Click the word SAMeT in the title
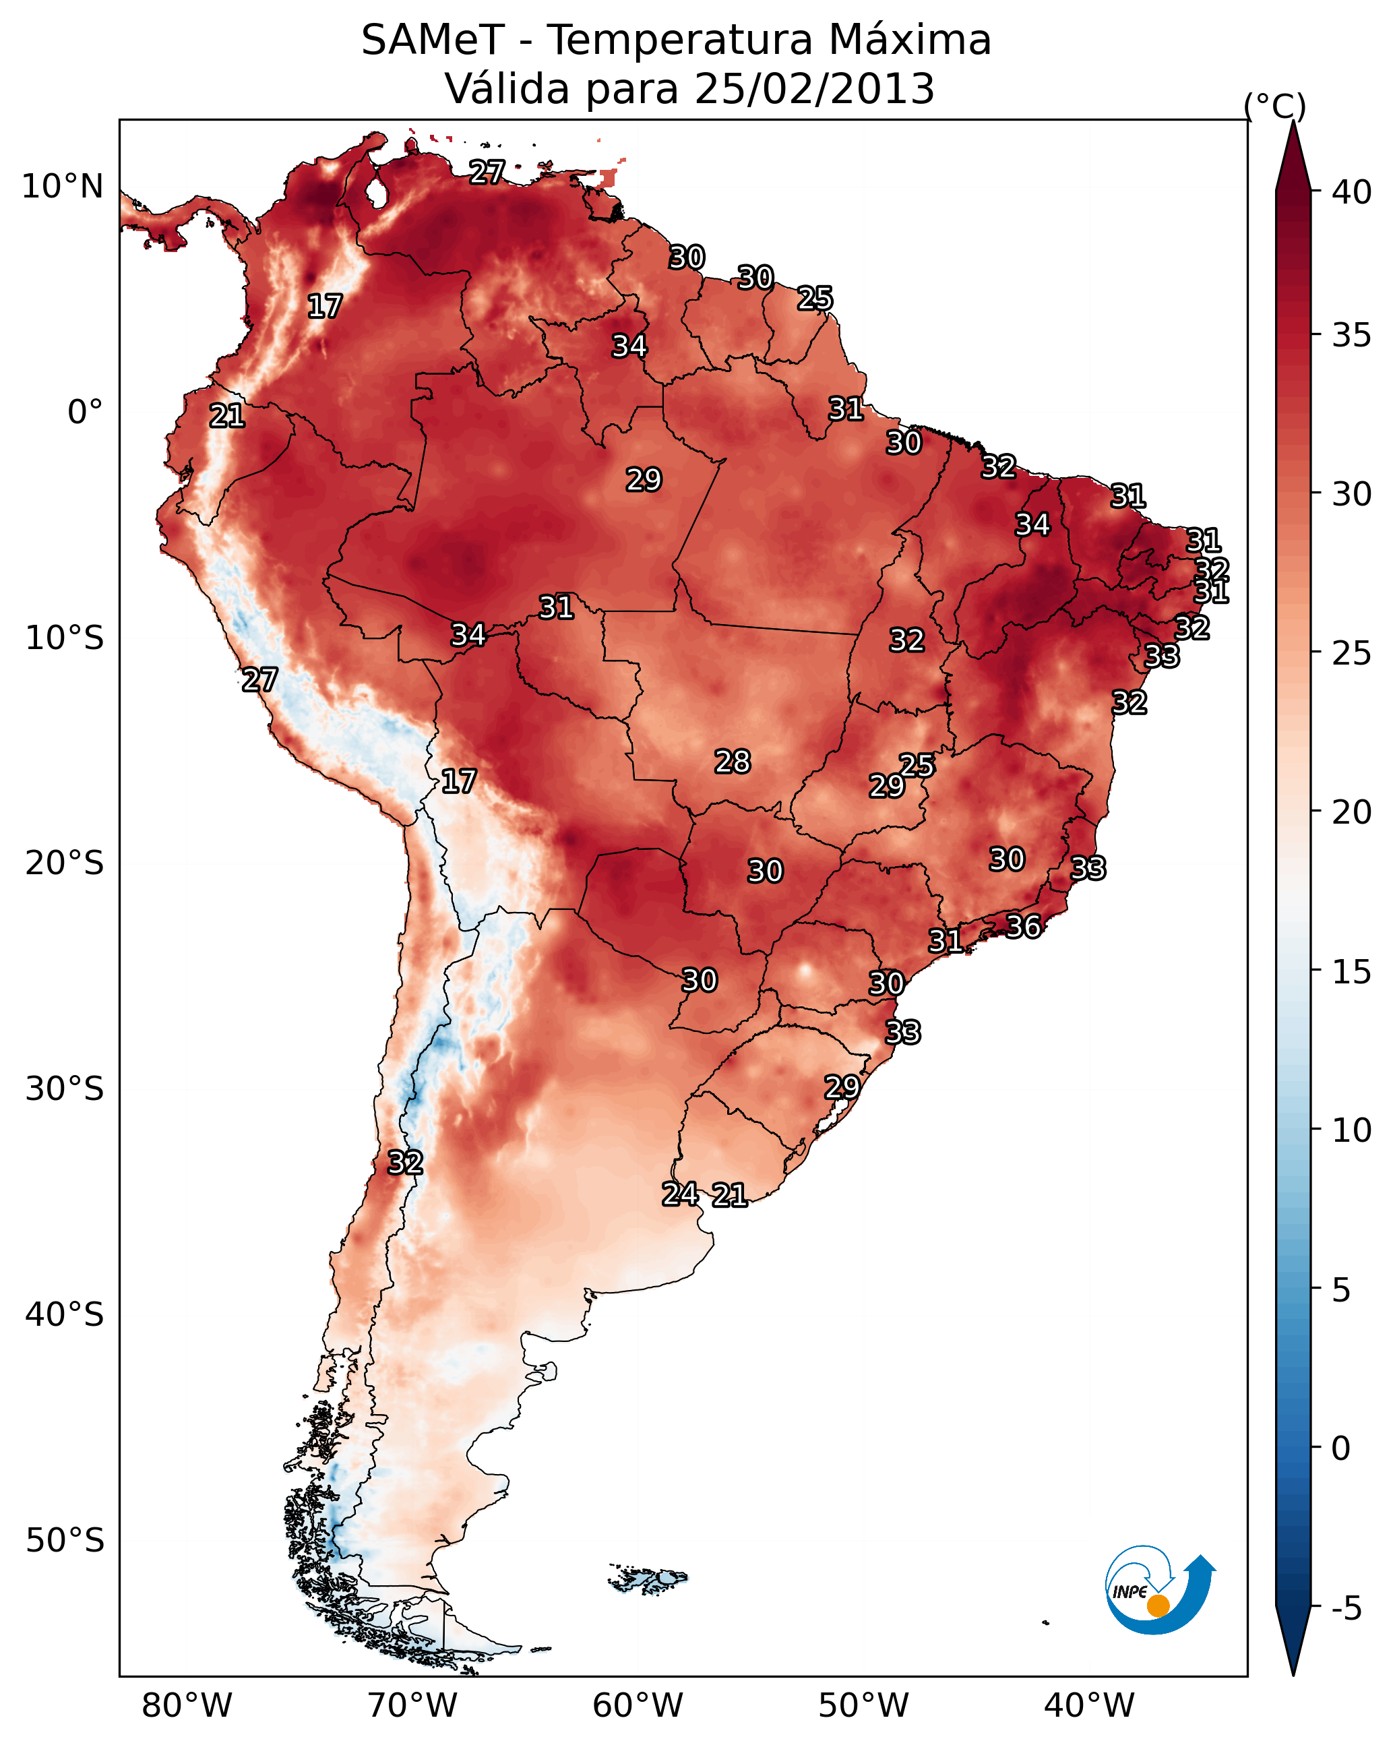(x=433, y=40)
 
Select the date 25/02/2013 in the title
(x=814, y=89)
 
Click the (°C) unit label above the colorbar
(x=1275, y=106)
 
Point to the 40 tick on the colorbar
(x=1352, y=192)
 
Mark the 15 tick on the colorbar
(x=1352, y=972)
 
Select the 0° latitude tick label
(x=86, y=412)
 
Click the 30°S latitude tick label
(x=65, y=1089)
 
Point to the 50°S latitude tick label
(x=65, y=1541)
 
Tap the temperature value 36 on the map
(x=1024, y=927)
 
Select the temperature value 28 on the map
(x=733, y=762)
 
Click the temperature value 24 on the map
(x=681, y=1194)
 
